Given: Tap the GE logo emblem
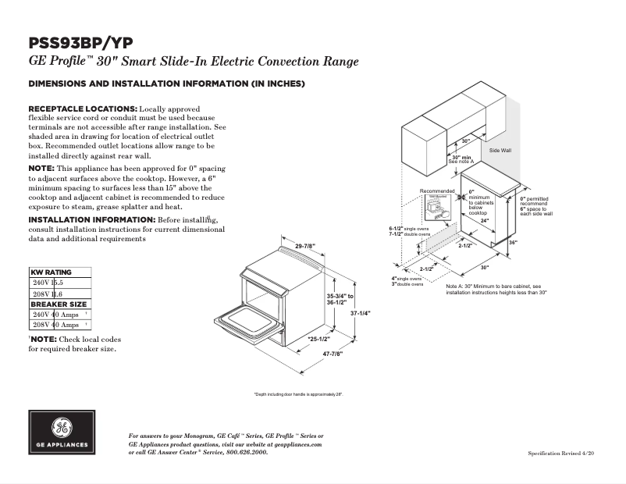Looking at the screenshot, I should pos(61,429).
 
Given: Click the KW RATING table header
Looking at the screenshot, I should pos(51,272).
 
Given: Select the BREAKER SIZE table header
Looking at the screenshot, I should pos(59,304).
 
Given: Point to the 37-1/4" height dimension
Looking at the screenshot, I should pos(359,312).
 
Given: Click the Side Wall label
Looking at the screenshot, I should pos(500,149).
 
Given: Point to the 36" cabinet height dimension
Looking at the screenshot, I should pos(512,242).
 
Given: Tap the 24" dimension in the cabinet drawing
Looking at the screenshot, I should pos(484,222).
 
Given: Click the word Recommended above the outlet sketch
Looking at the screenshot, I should pos(436,191).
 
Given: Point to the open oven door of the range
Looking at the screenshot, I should pos(246,322).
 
